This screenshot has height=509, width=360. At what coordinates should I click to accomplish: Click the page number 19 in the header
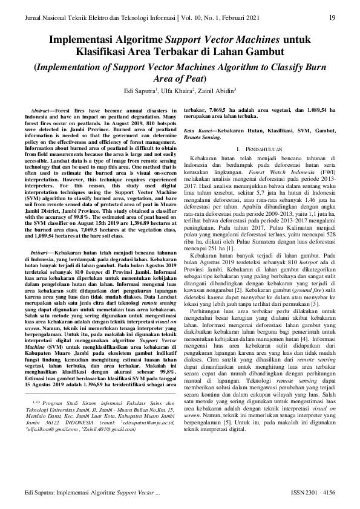pos(332,17)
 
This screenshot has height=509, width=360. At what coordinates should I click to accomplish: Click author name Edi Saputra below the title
pos(138,91)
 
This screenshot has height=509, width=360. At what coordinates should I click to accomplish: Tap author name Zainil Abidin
pos(216,91)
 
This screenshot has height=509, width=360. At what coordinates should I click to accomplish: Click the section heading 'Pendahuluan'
pos(266,149)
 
